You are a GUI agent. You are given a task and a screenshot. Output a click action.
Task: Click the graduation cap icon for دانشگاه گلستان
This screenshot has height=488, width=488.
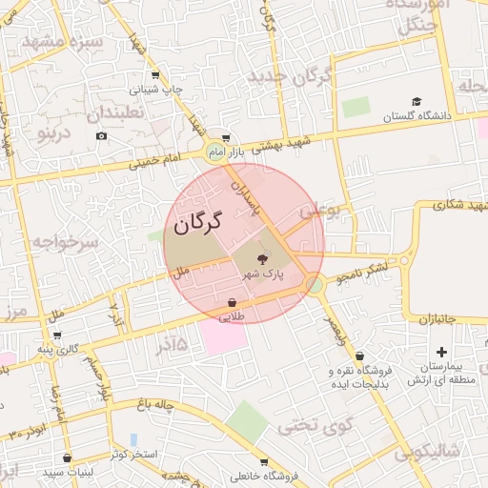click(416, 101)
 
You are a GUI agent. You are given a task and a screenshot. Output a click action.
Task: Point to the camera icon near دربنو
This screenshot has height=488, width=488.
click(101, 135)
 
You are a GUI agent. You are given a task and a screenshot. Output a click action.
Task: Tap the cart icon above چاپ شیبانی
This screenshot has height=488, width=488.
click(155, 74)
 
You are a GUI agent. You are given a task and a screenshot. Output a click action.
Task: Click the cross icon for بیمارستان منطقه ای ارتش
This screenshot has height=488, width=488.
click(441, 353)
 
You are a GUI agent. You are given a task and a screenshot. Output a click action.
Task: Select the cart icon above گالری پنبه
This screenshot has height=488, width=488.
click(59, 335)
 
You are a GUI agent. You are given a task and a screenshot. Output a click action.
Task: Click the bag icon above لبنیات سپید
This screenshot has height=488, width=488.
click(66, 458)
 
